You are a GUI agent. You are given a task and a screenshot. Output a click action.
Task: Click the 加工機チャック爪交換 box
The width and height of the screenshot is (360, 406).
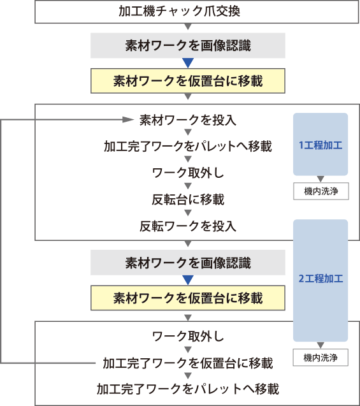[x=197, y=11]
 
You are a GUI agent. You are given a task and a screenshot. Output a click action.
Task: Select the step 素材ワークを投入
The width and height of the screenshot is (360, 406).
[x=188, y=120]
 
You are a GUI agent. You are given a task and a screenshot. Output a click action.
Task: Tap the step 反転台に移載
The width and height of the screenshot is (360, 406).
[x=188, y=199]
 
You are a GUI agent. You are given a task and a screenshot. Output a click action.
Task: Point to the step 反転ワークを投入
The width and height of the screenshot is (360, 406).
[x=188, y=226]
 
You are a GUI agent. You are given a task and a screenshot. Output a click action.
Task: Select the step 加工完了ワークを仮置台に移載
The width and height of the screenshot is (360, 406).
[x=188, y=363]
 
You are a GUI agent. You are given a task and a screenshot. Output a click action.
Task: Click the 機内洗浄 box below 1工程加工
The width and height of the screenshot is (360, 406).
[x=321, y=191]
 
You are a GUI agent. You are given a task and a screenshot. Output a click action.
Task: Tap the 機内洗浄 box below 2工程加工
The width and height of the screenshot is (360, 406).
[x=320, y=358]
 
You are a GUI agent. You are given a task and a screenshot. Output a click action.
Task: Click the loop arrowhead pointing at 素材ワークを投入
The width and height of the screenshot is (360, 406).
[x=128, y=120]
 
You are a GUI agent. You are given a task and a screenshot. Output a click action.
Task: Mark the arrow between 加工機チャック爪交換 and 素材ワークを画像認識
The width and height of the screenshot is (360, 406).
[x=188, y=26]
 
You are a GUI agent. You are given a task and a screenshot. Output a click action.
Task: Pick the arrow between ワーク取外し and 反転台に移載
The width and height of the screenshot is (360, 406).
[x=188, y=185]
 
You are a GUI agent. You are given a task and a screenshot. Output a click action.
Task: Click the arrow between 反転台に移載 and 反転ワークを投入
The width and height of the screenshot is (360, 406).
[x=188, y=213]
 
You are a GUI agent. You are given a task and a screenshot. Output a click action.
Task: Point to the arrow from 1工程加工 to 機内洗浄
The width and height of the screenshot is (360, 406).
[x=320, y=179]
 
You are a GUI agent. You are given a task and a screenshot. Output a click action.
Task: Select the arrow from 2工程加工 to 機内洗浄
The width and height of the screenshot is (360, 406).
[x=320, y=345]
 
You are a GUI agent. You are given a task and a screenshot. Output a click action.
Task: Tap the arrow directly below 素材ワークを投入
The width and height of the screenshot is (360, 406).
[x=188, y=132]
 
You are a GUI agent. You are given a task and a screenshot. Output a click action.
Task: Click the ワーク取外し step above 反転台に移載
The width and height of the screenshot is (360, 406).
[x=188, y=173]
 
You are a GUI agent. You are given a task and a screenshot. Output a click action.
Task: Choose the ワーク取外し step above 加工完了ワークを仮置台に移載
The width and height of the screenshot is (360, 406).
[x=188, y=337]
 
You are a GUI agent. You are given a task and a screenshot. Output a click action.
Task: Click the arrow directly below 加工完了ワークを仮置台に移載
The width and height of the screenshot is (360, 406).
[x=188, y=375]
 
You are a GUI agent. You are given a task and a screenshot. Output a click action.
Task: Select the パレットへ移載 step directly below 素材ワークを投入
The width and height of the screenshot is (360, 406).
[x=188, y=147]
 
